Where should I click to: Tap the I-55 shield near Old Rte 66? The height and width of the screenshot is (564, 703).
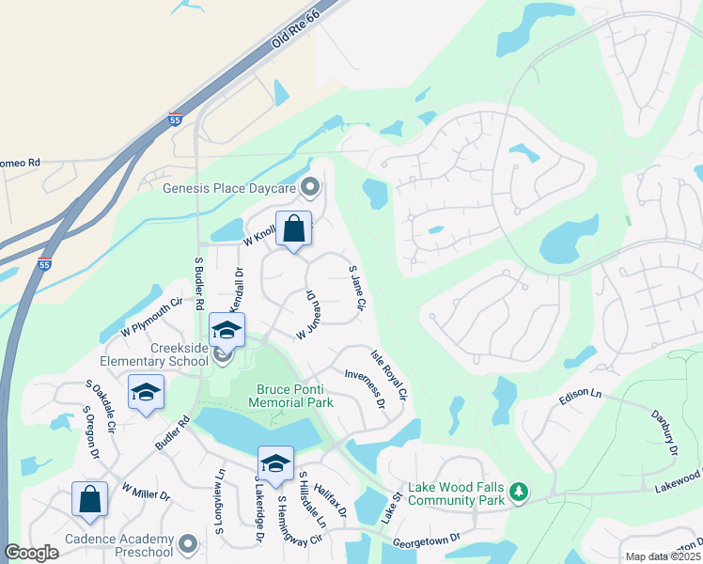tap(175, 119)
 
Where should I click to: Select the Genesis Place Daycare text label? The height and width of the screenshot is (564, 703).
tap(229, 188)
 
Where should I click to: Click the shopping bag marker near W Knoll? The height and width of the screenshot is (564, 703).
tap(293, 228)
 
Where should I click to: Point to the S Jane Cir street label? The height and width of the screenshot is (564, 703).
tap(355, 288)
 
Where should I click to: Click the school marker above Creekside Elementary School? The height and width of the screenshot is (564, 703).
tap(227, 329)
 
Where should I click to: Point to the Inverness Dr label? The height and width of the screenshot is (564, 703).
tap(365, 388)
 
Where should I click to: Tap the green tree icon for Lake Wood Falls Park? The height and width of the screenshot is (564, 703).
tap(518, 491)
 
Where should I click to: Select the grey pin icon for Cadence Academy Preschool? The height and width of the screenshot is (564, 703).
tap(188, 544)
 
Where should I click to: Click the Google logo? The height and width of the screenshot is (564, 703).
tap(31, 553)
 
